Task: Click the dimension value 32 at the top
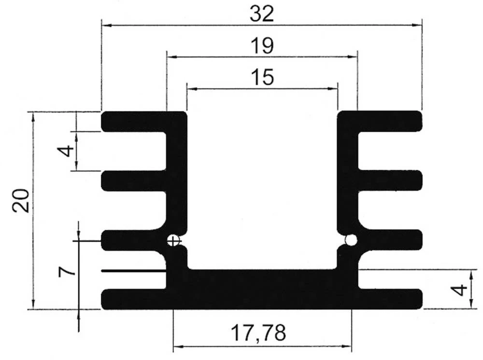pyautogui.click(x=262, y=14)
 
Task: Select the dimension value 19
pyautogui.click(x=262, y=46)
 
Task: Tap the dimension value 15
pyautogui.click(x=262, y=78)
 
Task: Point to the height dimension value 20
pyautogui.click(x=22, y=200)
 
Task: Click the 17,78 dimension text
pyautogui.click(x=258, y=332)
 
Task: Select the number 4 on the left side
pyautogui.click(x=67, y=151)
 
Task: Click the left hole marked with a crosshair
pyautogui.click(x=173, y=240)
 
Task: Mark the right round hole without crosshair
pyautogui.click(x=351, y=240)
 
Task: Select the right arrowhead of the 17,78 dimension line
pyautogui.click(x=347, y=346)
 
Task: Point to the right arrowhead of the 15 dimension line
pyautogui.click(x=333, y=88)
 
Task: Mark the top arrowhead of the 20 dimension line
pyautogui.click(x=33, y=116)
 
